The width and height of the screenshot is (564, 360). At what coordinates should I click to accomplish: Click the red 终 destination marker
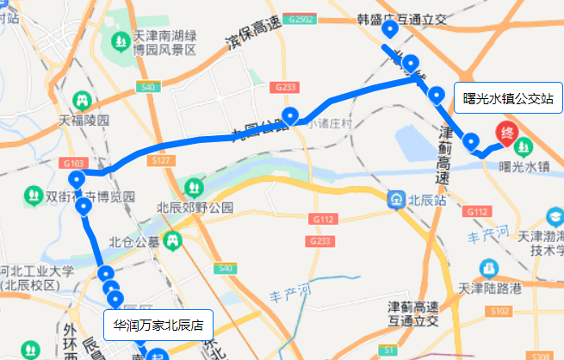click(508, 134)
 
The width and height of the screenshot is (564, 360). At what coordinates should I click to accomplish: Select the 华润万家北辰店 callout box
click(158, 326)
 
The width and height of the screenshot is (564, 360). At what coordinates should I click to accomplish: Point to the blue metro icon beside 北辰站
click(396, 200)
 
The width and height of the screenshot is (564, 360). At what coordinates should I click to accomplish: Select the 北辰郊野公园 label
click(195, 207)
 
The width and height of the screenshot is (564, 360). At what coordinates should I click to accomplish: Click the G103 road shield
click(72, 162)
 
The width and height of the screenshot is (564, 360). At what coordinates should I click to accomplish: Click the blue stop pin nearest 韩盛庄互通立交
click(390, 31)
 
